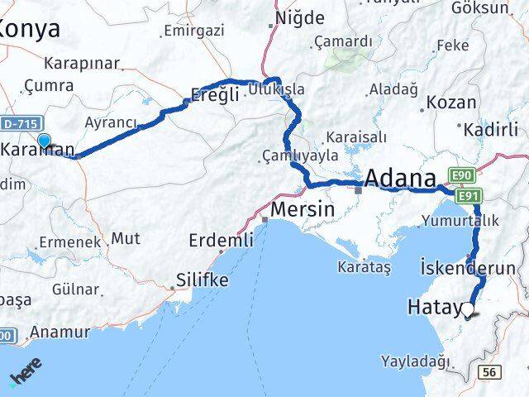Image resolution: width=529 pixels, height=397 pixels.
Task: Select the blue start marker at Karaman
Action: coord(44,141)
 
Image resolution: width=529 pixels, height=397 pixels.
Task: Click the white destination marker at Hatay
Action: coord(469,310)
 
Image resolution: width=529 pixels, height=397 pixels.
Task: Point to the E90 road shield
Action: coord(462,175)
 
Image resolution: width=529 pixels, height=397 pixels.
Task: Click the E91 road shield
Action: coord(469,194)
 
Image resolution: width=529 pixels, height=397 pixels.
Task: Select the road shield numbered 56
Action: coord(488,373)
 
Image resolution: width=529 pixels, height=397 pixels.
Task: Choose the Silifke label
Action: coord(202,281)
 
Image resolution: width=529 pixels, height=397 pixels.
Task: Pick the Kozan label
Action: coord(452,103)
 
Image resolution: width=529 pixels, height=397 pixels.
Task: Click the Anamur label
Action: coord(60,332)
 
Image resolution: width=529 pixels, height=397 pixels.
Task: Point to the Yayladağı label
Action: coord(416,361)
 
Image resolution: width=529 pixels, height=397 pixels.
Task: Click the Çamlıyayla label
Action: coord(301,155)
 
